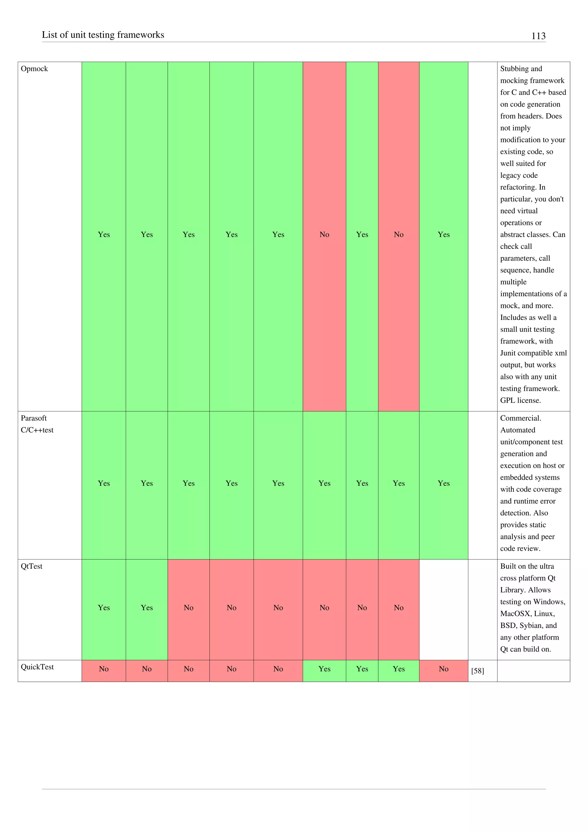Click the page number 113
(x=538, y=36)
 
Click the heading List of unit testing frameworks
(x=103, y=35)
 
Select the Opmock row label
(x=34, y=69)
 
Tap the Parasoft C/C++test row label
(x=37, y=424)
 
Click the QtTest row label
(x=32, y=566)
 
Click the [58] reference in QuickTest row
(x=477, y=671)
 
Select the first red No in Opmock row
(x=324, y=234)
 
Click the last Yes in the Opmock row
(x=443, y=234)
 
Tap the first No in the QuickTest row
(x=104, y=669)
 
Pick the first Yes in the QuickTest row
(x=324, y=669)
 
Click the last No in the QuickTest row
(x=443, y=669)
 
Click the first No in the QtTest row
(x=188, y=608)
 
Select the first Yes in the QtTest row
(x=104, y=608)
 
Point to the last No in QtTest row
(x=398, y=608)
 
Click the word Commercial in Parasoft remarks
(x=520, y=418)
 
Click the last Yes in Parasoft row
(x=443, y=483)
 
